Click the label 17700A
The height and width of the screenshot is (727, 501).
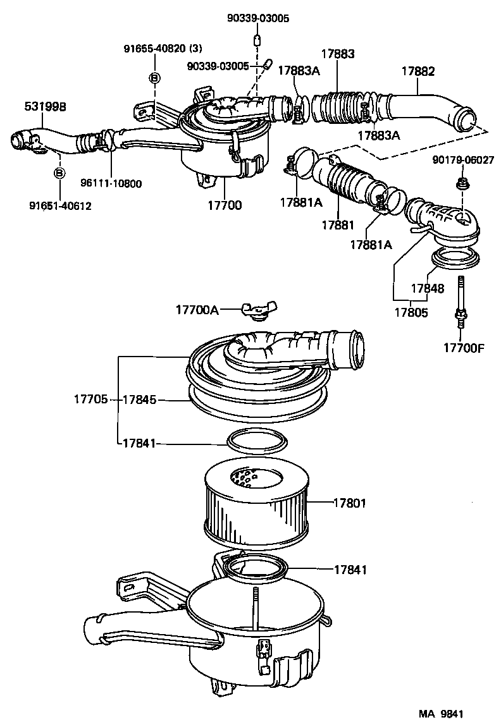coord(197,310)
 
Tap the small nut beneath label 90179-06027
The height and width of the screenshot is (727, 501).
coord(461,184)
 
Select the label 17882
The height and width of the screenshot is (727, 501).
coord(417,72)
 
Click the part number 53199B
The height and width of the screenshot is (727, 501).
coord(45,107)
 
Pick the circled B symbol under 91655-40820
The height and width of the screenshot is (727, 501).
coord(154,78)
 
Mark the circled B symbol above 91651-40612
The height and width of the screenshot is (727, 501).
coord(59,173)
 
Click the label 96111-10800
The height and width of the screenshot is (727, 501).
coord(111,184)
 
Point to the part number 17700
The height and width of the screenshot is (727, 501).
coord(225,205)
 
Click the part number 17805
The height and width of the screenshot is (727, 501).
coord(411,312)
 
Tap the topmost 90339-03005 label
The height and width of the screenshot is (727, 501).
coord(258,19)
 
